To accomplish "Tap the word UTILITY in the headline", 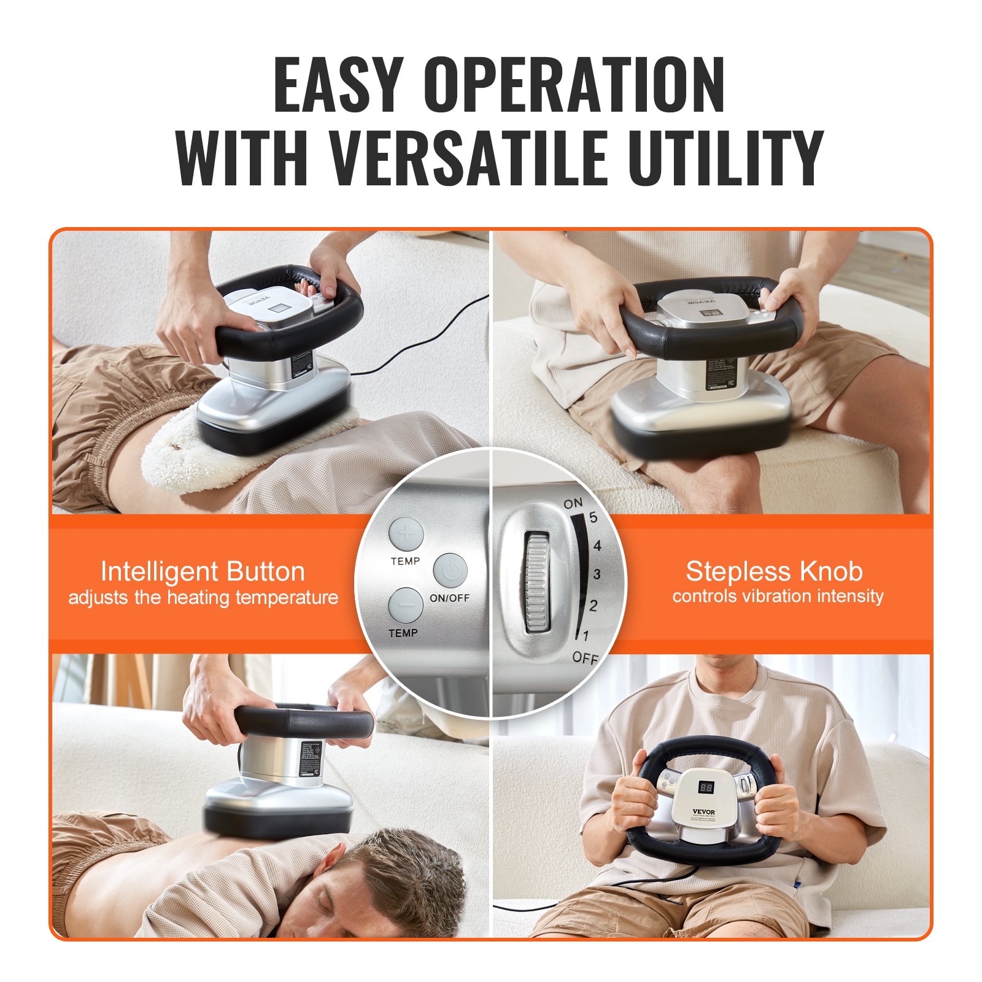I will coord(724,158).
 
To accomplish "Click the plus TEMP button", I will coord(406,534).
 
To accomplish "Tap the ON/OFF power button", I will coord(450,571).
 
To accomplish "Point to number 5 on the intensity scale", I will coord(593,517).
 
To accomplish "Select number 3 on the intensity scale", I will coord(596,574).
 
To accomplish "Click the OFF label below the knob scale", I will coord(584,658).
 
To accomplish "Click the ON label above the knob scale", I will coord(573,504).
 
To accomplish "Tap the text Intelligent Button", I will coord(203,571).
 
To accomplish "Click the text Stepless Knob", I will coord(774,571).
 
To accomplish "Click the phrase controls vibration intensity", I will coord(777,596).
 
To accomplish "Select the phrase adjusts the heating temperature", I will coord(203,597).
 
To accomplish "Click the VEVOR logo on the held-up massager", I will coord(703,811).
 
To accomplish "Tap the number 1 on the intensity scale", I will coord(586,636).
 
